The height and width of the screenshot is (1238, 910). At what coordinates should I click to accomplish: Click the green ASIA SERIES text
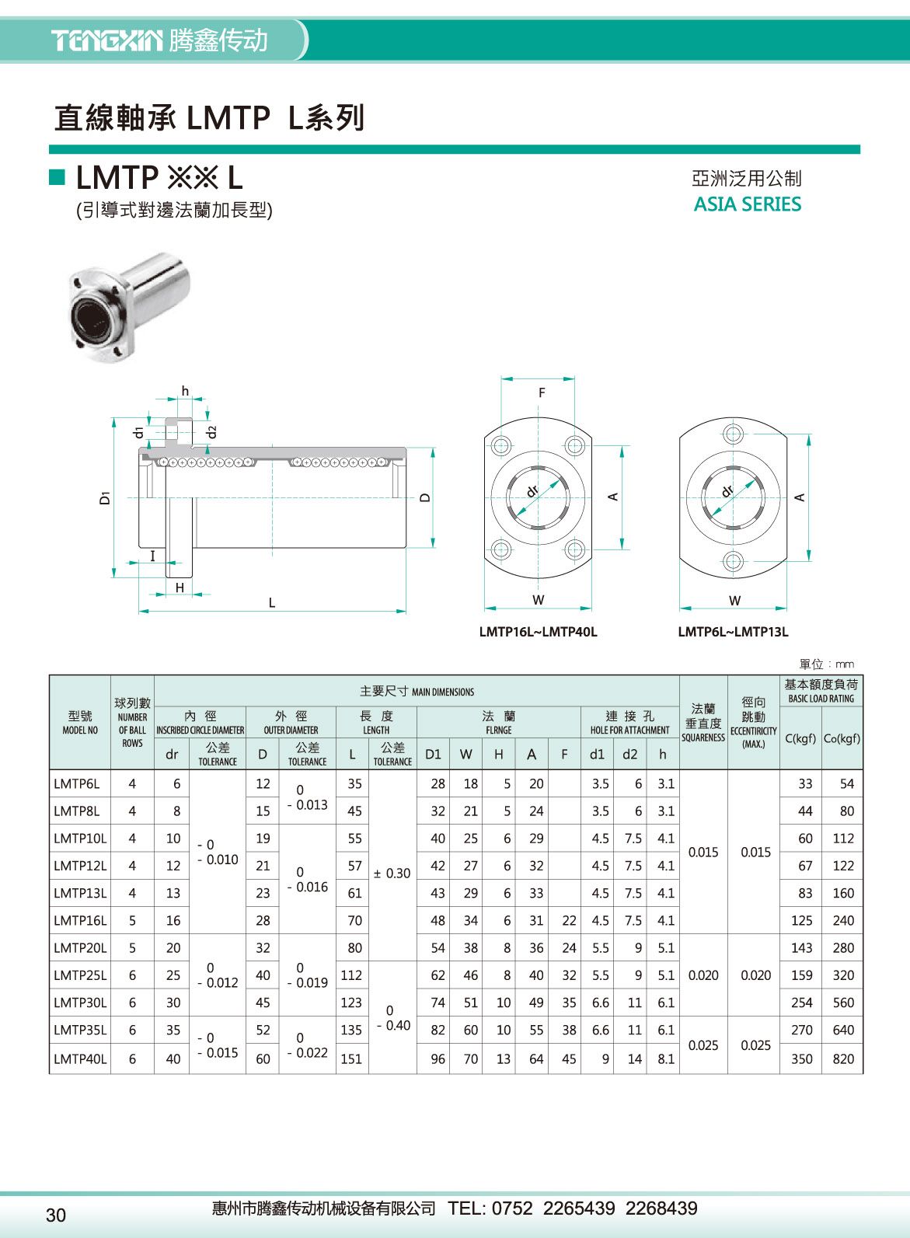click(x=747, y=204)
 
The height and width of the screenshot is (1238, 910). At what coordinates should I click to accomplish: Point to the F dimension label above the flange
click(x=542, y=393)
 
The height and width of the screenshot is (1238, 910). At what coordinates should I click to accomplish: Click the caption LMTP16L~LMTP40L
click(x=538, y=632)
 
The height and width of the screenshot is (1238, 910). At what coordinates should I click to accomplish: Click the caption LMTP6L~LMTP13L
click(x=733, y=632)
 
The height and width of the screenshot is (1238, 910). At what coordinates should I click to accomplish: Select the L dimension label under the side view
click(x=272, y=603)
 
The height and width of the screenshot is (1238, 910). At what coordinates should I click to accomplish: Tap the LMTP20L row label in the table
click(x=80, y=948)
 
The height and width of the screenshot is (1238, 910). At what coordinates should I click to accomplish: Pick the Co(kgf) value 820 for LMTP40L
click(x=843, y=1058)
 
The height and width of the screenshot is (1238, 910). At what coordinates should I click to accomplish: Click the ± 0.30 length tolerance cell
click(x=392, y=874)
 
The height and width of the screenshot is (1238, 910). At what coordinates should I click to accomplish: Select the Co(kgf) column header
click(x=842, y=738)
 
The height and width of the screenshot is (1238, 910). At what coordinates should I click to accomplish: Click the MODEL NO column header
click(x=80, y=723)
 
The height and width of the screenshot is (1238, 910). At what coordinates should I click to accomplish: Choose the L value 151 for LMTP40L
click(x=351, y=1058)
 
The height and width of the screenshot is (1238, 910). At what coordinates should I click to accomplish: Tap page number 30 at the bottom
click(x=56, y=1215)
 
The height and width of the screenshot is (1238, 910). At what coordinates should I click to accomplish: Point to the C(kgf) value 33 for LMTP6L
click(x=805, y=784)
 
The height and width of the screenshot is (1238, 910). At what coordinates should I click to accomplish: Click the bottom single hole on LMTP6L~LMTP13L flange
click(x=733, y=560)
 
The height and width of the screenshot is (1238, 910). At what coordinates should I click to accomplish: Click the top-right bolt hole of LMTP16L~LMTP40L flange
click(x=574, y=446)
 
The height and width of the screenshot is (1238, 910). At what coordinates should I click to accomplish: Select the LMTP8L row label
click(x=77, y=811)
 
